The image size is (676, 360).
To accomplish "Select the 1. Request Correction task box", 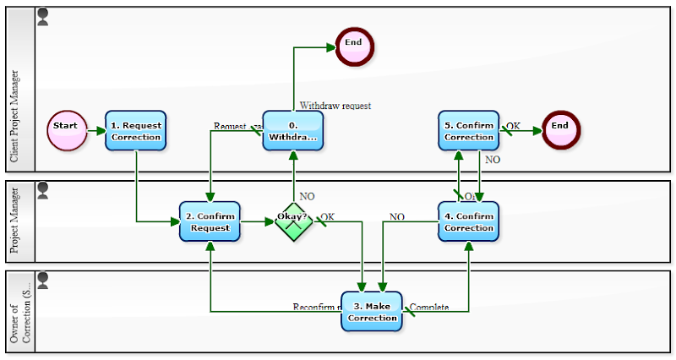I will click(135, 131).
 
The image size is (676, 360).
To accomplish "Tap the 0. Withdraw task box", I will click(293, 131).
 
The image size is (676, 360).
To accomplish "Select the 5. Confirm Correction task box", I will click(468, 131).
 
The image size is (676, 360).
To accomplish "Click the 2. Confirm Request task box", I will click(210, 222).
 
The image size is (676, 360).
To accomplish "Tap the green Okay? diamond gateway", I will click(293, 221).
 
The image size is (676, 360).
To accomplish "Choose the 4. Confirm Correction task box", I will click(468, 222).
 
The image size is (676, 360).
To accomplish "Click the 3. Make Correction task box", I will click(372, 312).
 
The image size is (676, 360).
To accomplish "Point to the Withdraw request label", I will click(335, 106).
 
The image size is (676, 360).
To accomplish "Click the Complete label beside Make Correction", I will click(429, 307).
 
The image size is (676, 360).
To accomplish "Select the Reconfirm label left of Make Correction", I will click(316, 307).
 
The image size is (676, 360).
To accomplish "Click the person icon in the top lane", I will click(43, 14).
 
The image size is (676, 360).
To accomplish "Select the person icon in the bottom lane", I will click(43, 277).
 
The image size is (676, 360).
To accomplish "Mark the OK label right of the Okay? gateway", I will click(327, 217).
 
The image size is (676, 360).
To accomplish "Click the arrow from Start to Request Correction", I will click(96, 131).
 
